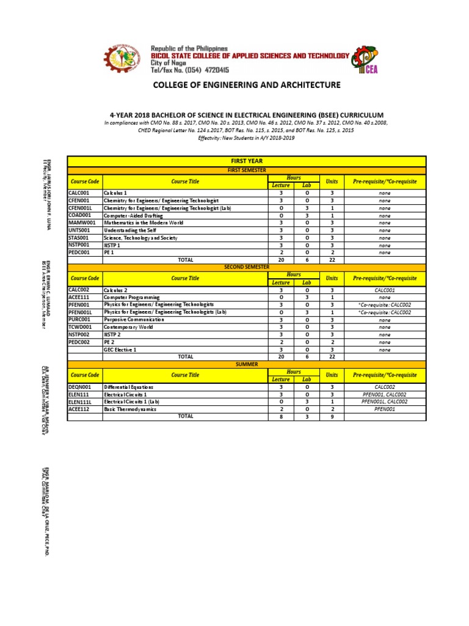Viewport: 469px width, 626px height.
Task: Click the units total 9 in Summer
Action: coord(332,416)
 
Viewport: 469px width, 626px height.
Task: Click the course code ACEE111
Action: coord(79,297)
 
